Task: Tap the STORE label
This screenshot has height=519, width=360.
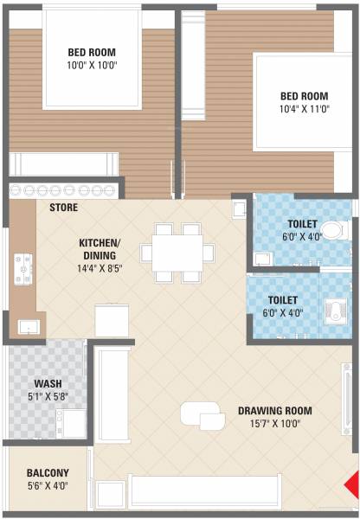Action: [63, 208]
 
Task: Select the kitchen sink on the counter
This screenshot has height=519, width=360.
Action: [28, 326]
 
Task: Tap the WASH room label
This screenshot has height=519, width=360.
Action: [47, 383]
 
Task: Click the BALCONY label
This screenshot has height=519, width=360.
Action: [47, 473]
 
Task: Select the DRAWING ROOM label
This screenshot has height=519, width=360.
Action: [274, 411]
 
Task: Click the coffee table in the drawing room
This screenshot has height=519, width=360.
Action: [202, 417]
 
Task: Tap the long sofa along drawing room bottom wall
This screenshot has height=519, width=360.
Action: [204, 492]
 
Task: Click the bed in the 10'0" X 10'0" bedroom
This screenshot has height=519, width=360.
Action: [92, 61]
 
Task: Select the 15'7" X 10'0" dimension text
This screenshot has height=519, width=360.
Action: [274, 424]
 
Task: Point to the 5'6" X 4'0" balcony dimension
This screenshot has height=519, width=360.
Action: [47, 486]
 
